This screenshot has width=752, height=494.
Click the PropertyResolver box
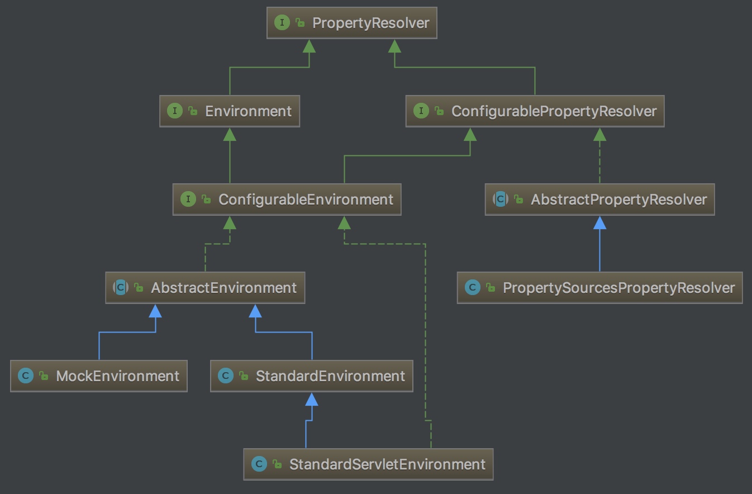(351, 23)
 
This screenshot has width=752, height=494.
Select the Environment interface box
(230, 111)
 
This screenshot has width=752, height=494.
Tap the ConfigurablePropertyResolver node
(535, 111)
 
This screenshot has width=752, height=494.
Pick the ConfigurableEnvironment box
(287, 199)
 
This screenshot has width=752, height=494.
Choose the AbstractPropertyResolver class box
(599, 199)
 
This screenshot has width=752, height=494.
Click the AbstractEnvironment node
(205, 288)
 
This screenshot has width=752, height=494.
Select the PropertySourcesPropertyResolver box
(599, 288)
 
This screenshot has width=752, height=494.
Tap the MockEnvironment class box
(98, 376)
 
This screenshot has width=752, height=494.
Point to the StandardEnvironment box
(312, 376)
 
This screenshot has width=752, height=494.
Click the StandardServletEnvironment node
(368, 464)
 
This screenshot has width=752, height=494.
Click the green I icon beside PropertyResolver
(282, 23)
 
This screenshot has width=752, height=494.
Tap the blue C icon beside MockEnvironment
(25, 376)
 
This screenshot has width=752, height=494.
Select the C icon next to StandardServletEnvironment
(259, 464)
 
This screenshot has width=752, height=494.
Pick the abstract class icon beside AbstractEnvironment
(121, 288)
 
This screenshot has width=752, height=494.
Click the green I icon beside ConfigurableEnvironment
(188, 199)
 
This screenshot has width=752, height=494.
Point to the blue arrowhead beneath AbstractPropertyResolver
(599, 223)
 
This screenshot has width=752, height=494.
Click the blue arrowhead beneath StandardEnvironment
(312, 400)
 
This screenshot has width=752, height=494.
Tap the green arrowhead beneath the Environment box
(230, 135)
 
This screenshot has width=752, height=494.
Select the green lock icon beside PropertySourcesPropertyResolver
(491, 288)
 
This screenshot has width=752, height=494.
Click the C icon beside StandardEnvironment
(225, 376)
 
